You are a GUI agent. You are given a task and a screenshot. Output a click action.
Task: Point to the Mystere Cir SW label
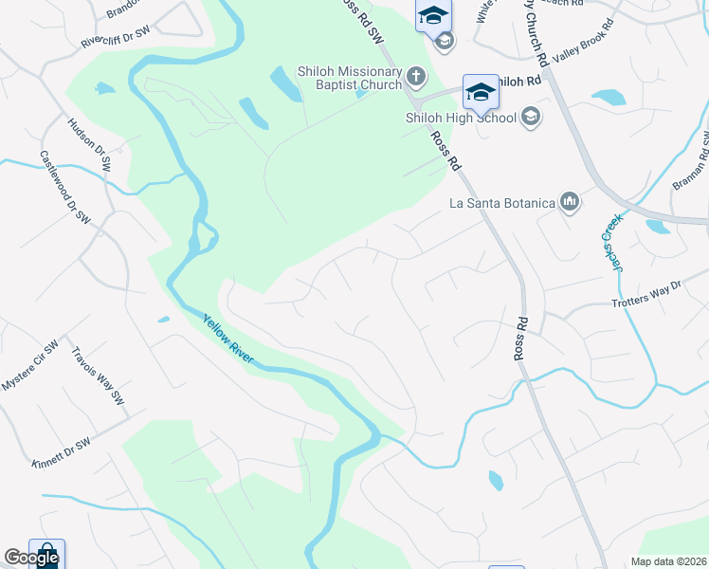click(x=30, y=364)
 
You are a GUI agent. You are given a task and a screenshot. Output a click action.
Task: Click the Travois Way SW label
click(x=100, y=375)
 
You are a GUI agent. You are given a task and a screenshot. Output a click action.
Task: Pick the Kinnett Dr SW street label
click(x=62, y=452)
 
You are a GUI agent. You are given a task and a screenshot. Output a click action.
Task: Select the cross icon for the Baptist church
click(x=414, y=75)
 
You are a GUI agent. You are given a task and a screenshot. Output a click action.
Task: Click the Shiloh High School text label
click(x=461, y=118)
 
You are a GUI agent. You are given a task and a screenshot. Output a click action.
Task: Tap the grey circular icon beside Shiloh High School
click(x=531, y=117)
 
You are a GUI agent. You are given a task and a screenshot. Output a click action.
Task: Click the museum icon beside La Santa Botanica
click(x=570, y=201)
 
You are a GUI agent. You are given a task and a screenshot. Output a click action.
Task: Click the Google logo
click(x=31, y=559)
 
